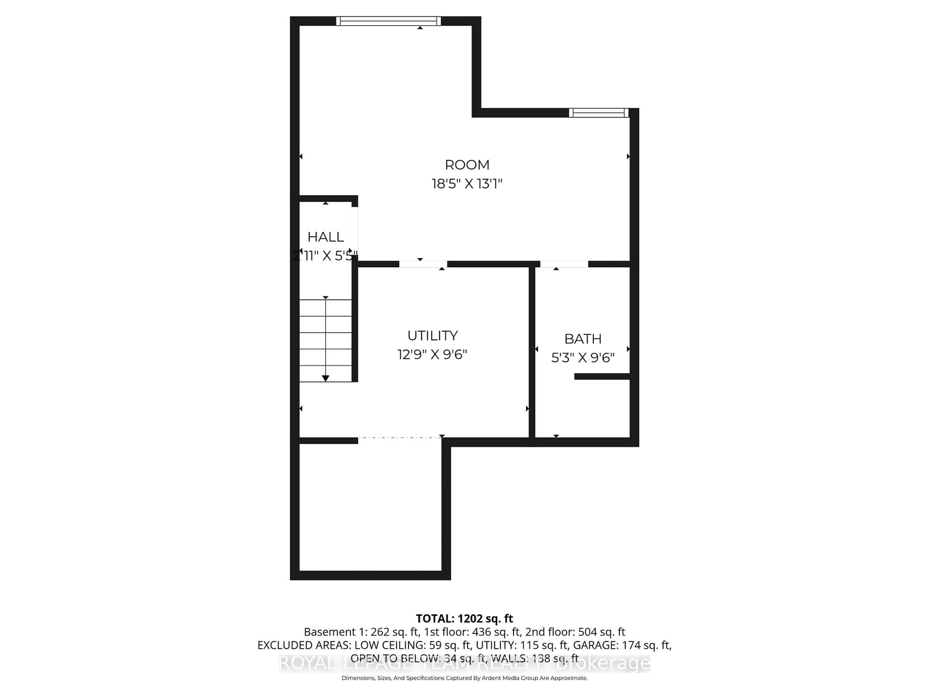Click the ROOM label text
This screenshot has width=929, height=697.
467,165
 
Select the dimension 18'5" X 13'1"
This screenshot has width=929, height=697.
467,184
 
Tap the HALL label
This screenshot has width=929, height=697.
325,237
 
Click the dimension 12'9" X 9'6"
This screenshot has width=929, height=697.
432,355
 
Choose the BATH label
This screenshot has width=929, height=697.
583,339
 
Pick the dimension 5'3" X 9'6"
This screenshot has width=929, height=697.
583,357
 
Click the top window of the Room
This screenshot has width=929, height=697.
389,21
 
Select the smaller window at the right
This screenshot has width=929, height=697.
599,113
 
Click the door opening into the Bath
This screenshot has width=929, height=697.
564,264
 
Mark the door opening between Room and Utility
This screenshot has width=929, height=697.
423,264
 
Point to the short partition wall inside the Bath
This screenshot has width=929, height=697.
602,376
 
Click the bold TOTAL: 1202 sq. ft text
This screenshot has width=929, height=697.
464,618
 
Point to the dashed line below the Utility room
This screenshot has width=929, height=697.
399,438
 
